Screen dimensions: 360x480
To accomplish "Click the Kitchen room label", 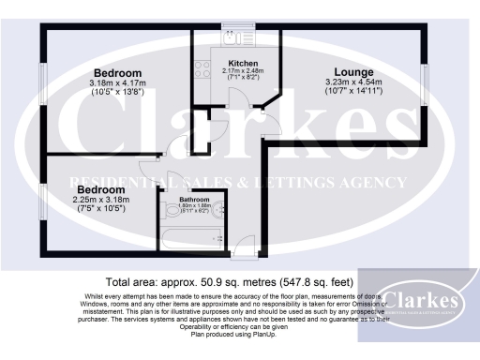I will coord(229,63).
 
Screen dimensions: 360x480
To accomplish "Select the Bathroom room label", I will coord(196,199).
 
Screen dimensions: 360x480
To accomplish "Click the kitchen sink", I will coord(230,38).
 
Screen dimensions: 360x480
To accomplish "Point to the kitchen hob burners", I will coord(201,67).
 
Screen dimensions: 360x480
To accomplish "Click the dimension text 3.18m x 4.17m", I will coord(118,82).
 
